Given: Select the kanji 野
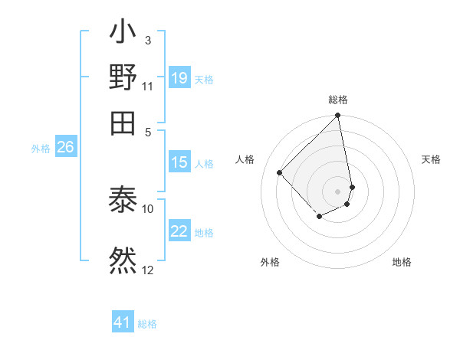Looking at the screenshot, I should (x=123, y=78).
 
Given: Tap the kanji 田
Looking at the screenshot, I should (x=123, y=121).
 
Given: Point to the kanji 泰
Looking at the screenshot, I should (x=123, y=201).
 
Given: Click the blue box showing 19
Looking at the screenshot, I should (x=179, y=78).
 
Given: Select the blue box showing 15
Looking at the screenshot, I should (x=179, y=162).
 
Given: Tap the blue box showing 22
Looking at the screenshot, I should (x=179, y=231).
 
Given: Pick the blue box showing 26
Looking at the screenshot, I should (x=65, y=148).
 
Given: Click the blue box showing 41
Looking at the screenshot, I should (x=123, y=322).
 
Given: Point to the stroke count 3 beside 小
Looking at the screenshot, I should (x=147, y=40).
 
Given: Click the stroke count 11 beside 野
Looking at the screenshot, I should (x=147, y=85).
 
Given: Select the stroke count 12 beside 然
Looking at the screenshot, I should (x=147, y=269).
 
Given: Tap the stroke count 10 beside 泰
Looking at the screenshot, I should (x=147, y=208).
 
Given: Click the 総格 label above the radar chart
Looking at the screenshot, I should (x=338, y=100).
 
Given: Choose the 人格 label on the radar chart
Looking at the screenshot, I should (x=245, y=159).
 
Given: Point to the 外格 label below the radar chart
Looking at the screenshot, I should (x=270, y=262).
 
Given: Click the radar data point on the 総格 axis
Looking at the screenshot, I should (x=337, y=116).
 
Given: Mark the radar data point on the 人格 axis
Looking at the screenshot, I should (x=280, y=172).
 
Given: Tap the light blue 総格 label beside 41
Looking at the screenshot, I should (x=147, y=324).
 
